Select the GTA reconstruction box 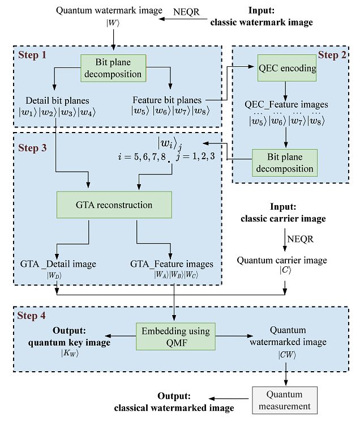click(114, 204)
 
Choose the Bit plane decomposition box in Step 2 click(284, 162)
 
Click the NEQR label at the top click(188, 10)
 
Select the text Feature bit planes click(167, 100)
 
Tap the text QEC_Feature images click(286, 105)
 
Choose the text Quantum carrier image click(281, 261)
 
